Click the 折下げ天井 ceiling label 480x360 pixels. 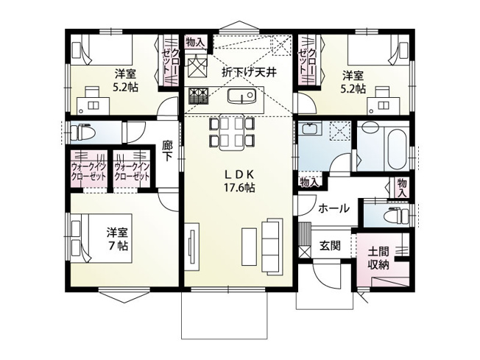coord(249,72)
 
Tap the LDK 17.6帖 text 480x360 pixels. coord(239,181)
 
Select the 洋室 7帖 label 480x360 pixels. coord(118,238)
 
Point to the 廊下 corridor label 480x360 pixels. coord(167,152)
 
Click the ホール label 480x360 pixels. coord(333,209)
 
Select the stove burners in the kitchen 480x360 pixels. coord(197,94)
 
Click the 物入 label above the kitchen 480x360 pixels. coord(195,42)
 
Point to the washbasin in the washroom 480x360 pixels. coord(310,133)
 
